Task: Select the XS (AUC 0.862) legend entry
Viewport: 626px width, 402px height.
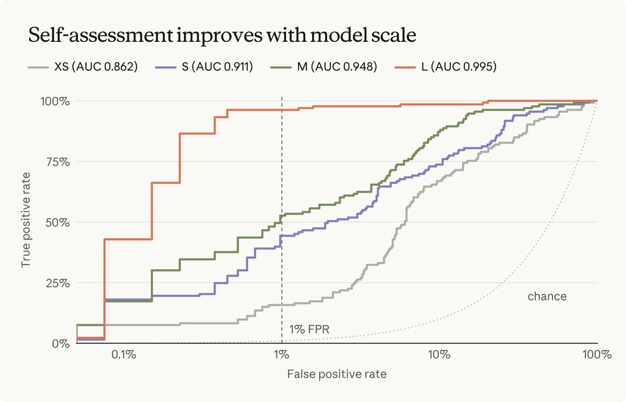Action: [83, 66]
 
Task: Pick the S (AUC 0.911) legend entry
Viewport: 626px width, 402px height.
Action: [204, 66]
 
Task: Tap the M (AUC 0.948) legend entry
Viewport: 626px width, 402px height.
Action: [324, 66]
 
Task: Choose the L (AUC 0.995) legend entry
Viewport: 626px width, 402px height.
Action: [445, 66]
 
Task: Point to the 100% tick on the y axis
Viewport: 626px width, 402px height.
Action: [55, 101]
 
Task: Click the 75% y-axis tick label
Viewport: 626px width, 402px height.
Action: [57, 162]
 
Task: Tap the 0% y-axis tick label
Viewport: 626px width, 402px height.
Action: [61, 343]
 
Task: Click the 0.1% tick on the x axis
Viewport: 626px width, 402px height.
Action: [124, 354]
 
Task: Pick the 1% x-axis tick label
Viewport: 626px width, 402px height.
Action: [282, 354]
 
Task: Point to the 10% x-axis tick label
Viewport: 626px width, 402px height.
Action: [440, 354]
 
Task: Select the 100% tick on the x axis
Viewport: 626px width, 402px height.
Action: [597, 354]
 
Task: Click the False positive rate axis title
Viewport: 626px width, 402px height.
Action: [337, 374]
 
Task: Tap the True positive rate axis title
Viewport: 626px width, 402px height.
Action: [26, 220]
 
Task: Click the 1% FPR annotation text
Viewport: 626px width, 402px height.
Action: [309, 329]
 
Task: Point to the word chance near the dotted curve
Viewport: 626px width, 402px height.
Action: [547, 297]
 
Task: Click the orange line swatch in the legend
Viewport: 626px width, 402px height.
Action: [405, 68]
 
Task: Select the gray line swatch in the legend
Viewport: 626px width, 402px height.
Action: [38, 68]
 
